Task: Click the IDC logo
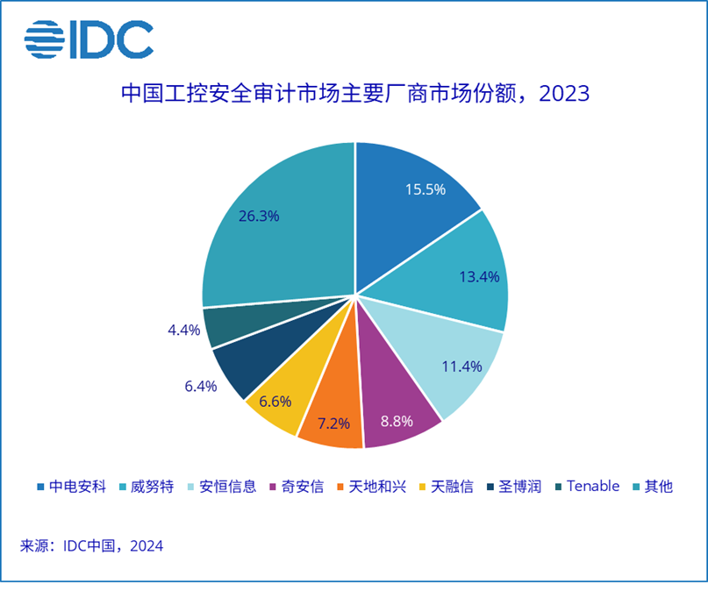point(89,39)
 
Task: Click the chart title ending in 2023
point(355,94)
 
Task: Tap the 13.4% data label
point(479,276)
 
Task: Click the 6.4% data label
point(201,386)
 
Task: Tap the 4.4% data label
point(183,330)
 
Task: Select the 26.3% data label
point(259,216)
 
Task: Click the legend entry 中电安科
point(71,487)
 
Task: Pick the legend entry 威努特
point(147,487)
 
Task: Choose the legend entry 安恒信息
point(222,487)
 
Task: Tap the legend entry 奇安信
point(297,487)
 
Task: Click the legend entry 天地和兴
point(372,487)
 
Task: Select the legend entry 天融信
point(447,487)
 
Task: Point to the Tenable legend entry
point(588,487)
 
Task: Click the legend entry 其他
point(653,487)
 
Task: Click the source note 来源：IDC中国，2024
point(91,546)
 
